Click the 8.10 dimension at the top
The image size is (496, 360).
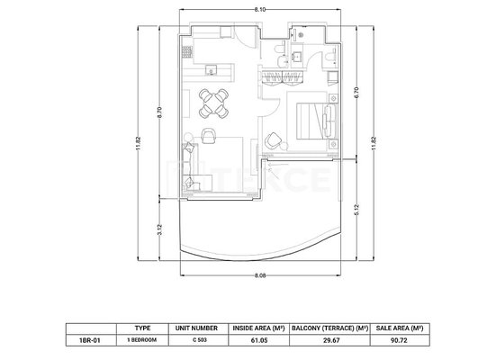point(260,10)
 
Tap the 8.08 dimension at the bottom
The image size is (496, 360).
point(260,275)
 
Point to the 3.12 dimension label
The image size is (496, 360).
point(159,229)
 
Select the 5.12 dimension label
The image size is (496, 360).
point(356,210)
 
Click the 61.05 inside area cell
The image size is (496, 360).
point(259,340)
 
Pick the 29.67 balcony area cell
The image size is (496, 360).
point(329,340)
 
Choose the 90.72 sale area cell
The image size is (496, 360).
point(399,340)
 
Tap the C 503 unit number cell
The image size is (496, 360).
point(200,340)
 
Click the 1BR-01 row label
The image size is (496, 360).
point(89,340)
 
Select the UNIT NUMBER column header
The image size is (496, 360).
point(196,328)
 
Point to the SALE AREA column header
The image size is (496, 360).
point(400,328)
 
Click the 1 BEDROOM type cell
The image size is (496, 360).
point(141,340)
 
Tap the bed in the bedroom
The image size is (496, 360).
point(316,121)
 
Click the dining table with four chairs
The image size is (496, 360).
point(214,103)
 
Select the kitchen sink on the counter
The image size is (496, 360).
point(211,69)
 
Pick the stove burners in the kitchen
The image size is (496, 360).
point(187,51)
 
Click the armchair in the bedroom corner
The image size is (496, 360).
point(273,140)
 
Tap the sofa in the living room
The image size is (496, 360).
point(191,167)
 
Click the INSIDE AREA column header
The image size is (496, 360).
point(259,328)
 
